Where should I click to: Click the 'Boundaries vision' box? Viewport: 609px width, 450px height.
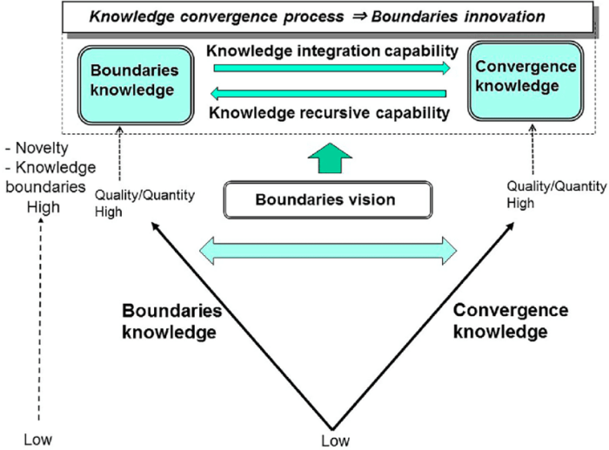[x=325, y=200]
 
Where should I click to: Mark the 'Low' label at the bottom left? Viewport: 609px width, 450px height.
[x=38, y=439]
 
